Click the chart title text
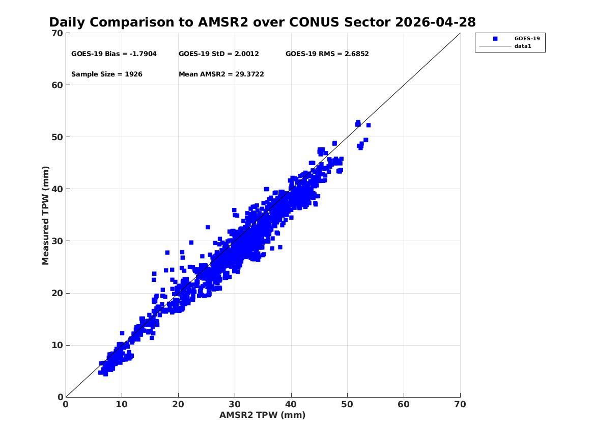[262, 22]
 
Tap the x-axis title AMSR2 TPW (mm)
[262, 415]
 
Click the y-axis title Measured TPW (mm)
[45, 216]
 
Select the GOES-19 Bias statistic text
[114, 54]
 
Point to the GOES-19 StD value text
[218, 54]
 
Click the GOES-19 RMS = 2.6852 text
[327, 54]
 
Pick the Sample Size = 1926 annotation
[107, 74]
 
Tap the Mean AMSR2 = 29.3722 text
[221, 74]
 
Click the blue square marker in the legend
[495, 39]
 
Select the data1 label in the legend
[523, 46]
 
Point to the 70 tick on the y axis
[57, 33]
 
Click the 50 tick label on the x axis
[347, 404]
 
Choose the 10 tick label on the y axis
[57, 345]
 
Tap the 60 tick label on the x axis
[404, 404]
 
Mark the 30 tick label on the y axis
[57, 241]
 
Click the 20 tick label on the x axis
[178, 404]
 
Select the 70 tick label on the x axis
[460, 404]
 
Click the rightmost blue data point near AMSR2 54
[368, 125]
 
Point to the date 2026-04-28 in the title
[435, 22]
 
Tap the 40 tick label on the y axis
[57, 189]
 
